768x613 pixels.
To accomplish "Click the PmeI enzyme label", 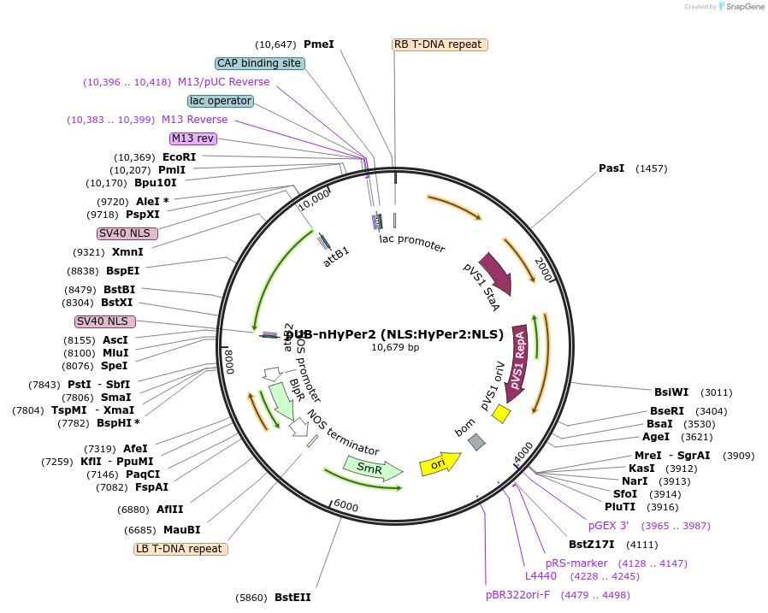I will [319, 44].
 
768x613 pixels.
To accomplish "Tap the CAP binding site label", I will [259, 63].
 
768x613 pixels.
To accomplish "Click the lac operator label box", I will [221, 101].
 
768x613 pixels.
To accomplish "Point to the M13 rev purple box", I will [193, 139].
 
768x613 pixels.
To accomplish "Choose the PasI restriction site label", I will [611, 168].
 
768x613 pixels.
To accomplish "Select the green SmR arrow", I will [372, 469].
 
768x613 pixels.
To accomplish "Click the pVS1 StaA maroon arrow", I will [495, 273].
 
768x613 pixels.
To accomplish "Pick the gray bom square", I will [476, 441].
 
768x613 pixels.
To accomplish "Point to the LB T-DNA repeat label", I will [180, 549].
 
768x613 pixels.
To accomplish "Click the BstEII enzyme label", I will [292, 598].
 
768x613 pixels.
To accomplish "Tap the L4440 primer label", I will [541, 576].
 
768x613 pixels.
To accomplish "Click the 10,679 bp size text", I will [395, 347].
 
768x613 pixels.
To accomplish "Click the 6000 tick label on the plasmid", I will [346, 506].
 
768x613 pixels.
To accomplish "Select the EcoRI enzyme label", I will [179, 157].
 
